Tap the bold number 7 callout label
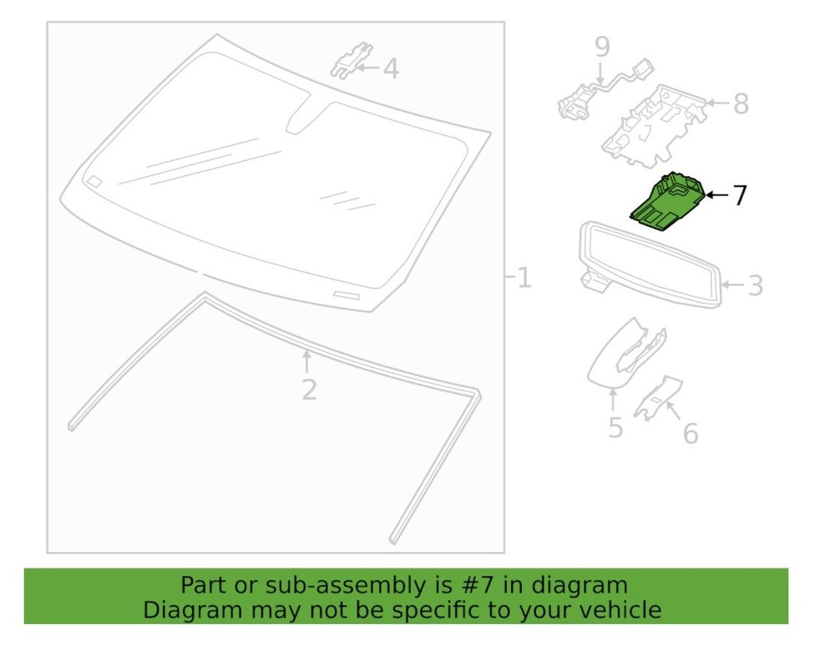[740, 195]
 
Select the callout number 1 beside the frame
[524, 278]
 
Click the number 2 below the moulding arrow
[309, 390]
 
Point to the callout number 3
[756, 285]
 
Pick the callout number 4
[391, 68]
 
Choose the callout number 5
[615, 428]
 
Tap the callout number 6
[691, 434]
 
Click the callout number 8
[741, 103]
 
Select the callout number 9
[602, 48]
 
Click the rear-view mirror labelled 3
[650, 265]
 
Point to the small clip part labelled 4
[352, 59]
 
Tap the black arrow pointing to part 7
[717, 195]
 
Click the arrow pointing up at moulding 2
[306, 362]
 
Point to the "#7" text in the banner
[477, 586]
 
